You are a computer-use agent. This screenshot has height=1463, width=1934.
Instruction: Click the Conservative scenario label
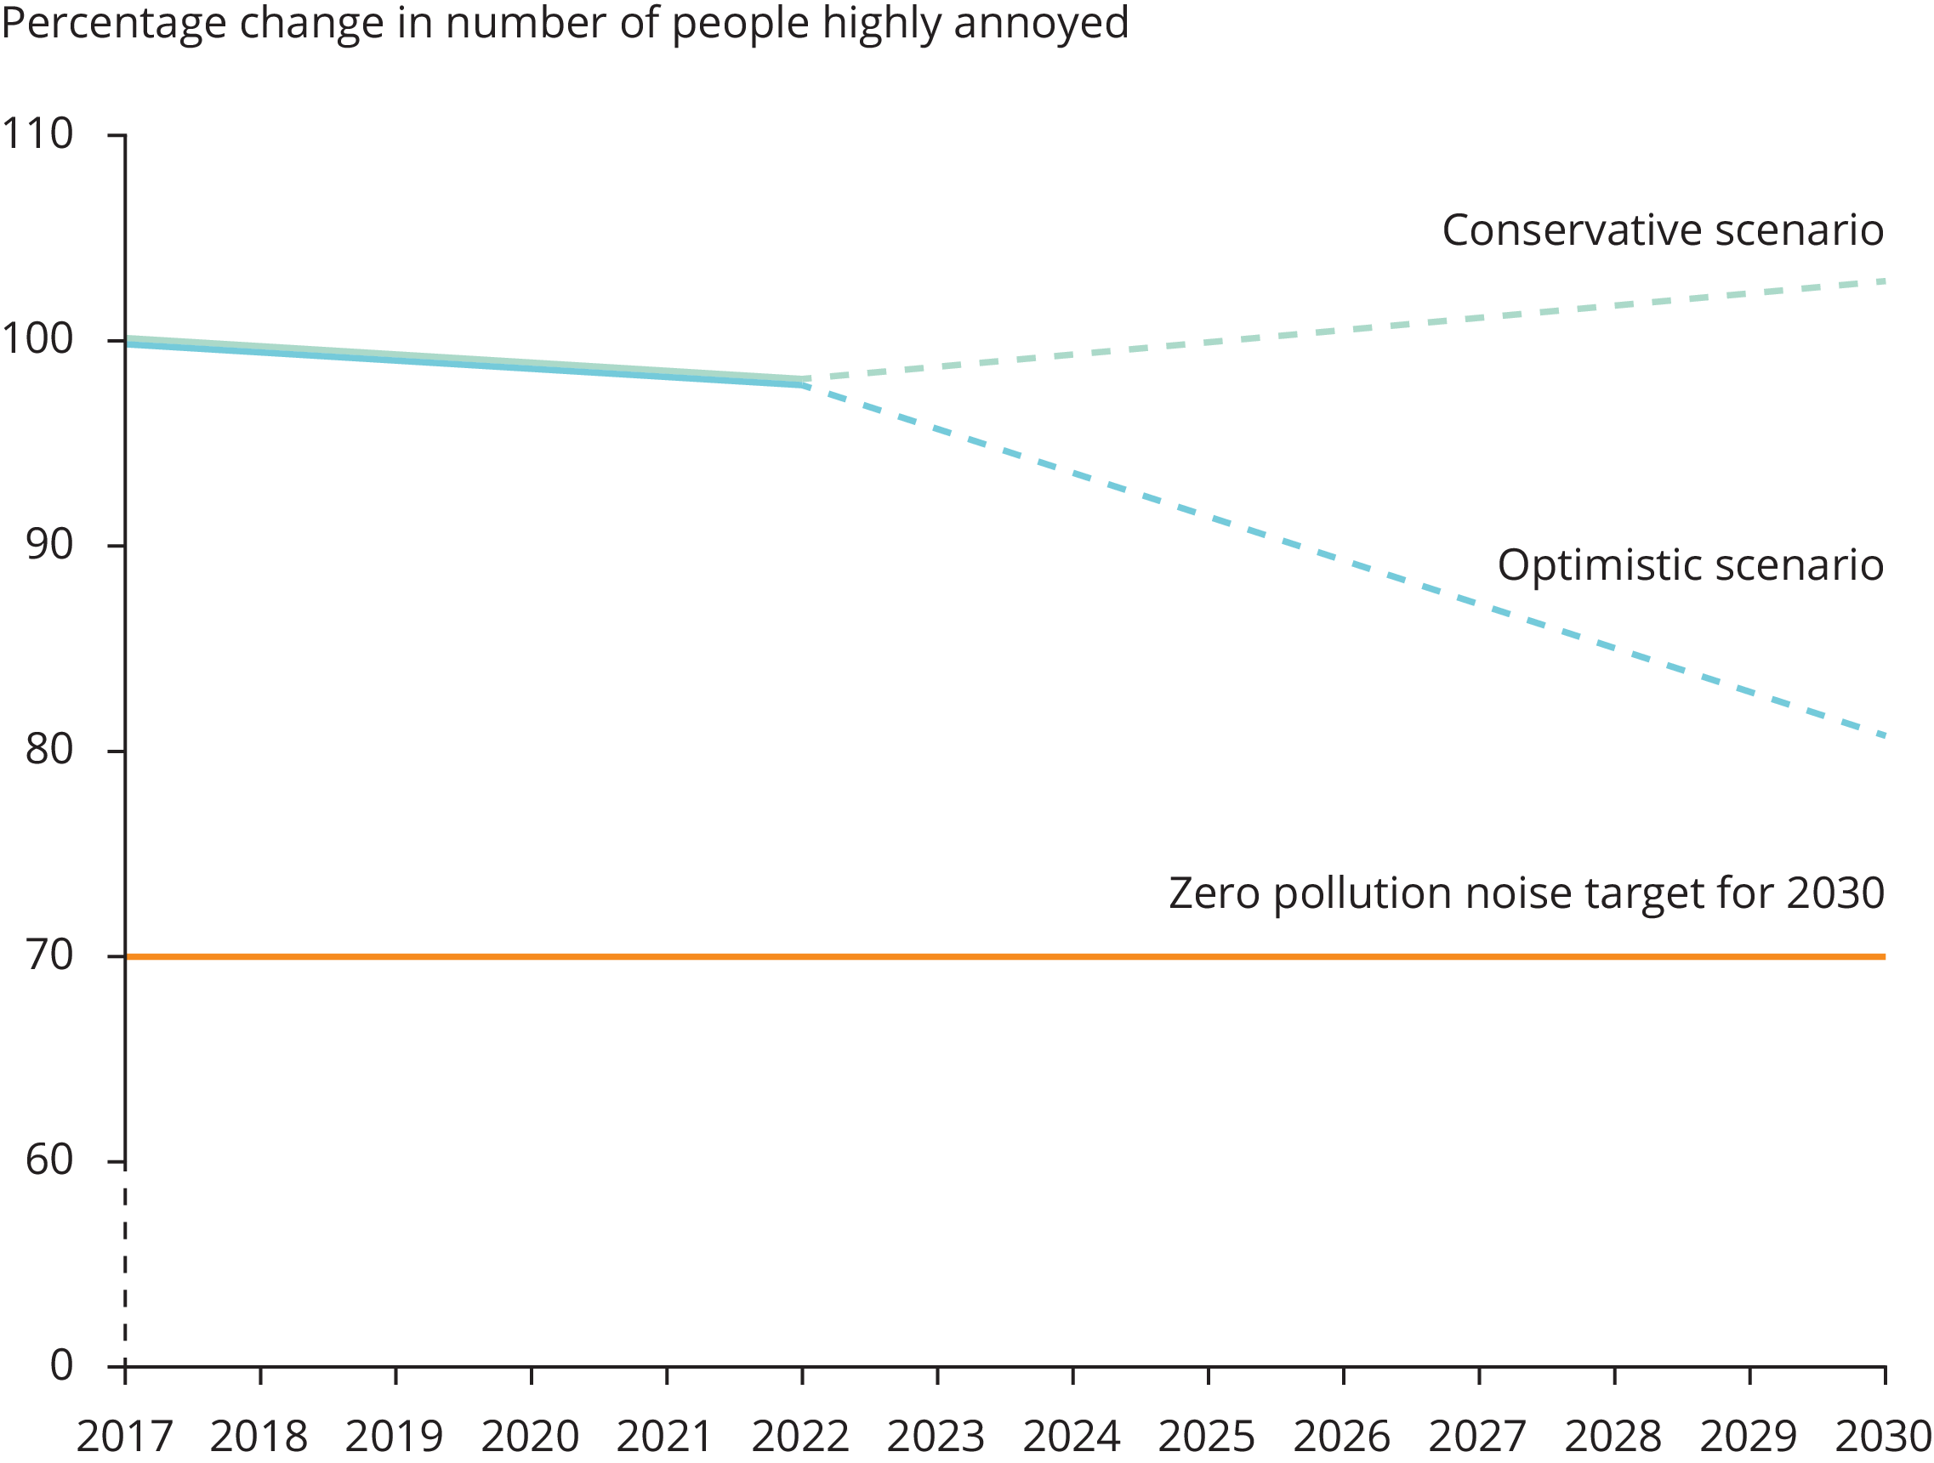[x=1662, y=231]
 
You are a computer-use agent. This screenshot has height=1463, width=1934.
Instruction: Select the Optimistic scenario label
[x=1690, y=565]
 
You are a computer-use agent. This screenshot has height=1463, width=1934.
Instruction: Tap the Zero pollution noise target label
[x=1526, y=893]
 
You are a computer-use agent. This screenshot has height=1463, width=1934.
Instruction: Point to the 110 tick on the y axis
[x=37, y=134]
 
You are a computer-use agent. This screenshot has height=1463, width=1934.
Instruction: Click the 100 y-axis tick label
[x=37, y=340]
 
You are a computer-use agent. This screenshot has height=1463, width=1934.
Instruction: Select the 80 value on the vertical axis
[x=49, y=750]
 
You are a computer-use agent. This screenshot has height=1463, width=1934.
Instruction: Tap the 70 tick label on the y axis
[x=49, y=956]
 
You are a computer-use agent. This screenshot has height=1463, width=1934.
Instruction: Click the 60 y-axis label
[x=49, y=1161]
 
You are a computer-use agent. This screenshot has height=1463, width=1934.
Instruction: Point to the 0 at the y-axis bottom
[x=61, y=1366]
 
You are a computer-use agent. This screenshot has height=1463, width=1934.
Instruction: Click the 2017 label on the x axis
[x=125, y=1437]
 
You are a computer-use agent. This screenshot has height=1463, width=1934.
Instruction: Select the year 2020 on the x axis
[x=531, y=1437]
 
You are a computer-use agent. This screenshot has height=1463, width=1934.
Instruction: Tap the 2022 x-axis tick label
[x=801, y=1437]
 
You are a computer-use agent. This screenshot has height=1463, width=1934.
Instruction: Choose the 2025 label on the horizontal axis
[x=1207, y=1437]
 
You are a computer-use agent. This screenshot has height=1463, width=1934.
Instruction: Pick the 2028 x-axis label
[x=1613, y=1437]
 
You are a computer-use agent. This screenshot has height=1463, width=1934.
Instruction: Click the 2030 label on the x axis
[x=1882, y=1437]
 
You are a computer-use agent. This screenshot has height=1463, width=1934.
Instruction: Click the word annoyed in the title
[x=1041, y=23]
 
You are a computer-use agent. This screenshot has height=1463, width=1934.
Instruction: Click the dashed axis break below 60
[x=125, y=1267]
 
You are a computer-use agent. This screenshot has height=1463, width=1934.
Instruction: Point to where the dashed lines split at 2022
[x=803, y=382]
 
